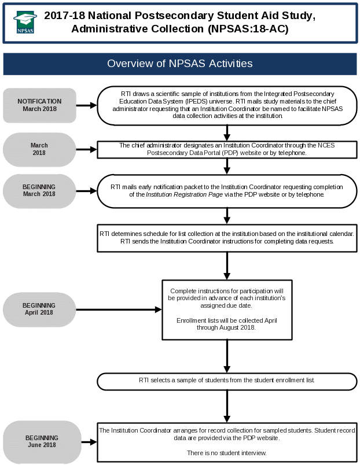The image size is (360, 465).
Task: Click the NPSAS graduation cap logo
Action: click(25, 22)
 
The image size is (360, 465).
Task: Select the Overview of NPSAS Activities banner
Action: click(179, 64)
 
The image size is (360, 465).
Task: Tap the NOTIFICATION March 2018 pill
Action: click(39, 105)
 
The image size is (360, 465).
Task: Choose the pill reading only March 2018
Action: click(39, 149)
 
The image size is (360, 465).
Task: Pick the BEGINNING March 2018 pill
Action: click(39, 190)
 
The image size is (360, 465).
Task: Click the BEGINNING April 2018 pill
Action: click(39, 309)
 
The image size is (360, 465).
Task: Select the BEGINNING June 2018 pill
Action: click(42, 441)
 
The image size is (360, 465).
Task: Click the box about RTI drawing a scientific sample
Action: click(227, 105)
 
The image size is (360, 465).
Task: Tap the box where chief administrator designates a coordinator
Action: click(227, 149)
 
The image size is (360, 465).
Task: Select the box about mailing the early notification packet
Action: click(227, 191)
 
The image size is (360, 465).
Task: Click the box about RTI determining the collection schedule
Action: click(227, 237)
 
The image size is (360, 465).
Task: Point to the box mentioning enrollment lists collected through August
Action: click(227, 310)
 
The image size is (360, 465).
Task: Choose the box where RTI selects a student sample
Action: click(227, 381)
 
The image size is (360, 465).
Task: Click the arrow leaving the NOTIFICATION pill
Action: click(86, 105)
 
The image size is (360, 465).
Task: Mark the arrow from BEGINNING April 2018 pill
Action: click(119, 309)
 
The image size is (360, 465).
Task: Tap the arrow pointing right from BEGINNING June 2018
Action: click(89, 442)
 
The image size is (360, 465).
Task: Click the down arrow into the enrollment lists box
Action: click(227, 266)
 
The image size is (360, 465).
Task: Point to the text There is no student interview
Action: click(227, 453)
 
